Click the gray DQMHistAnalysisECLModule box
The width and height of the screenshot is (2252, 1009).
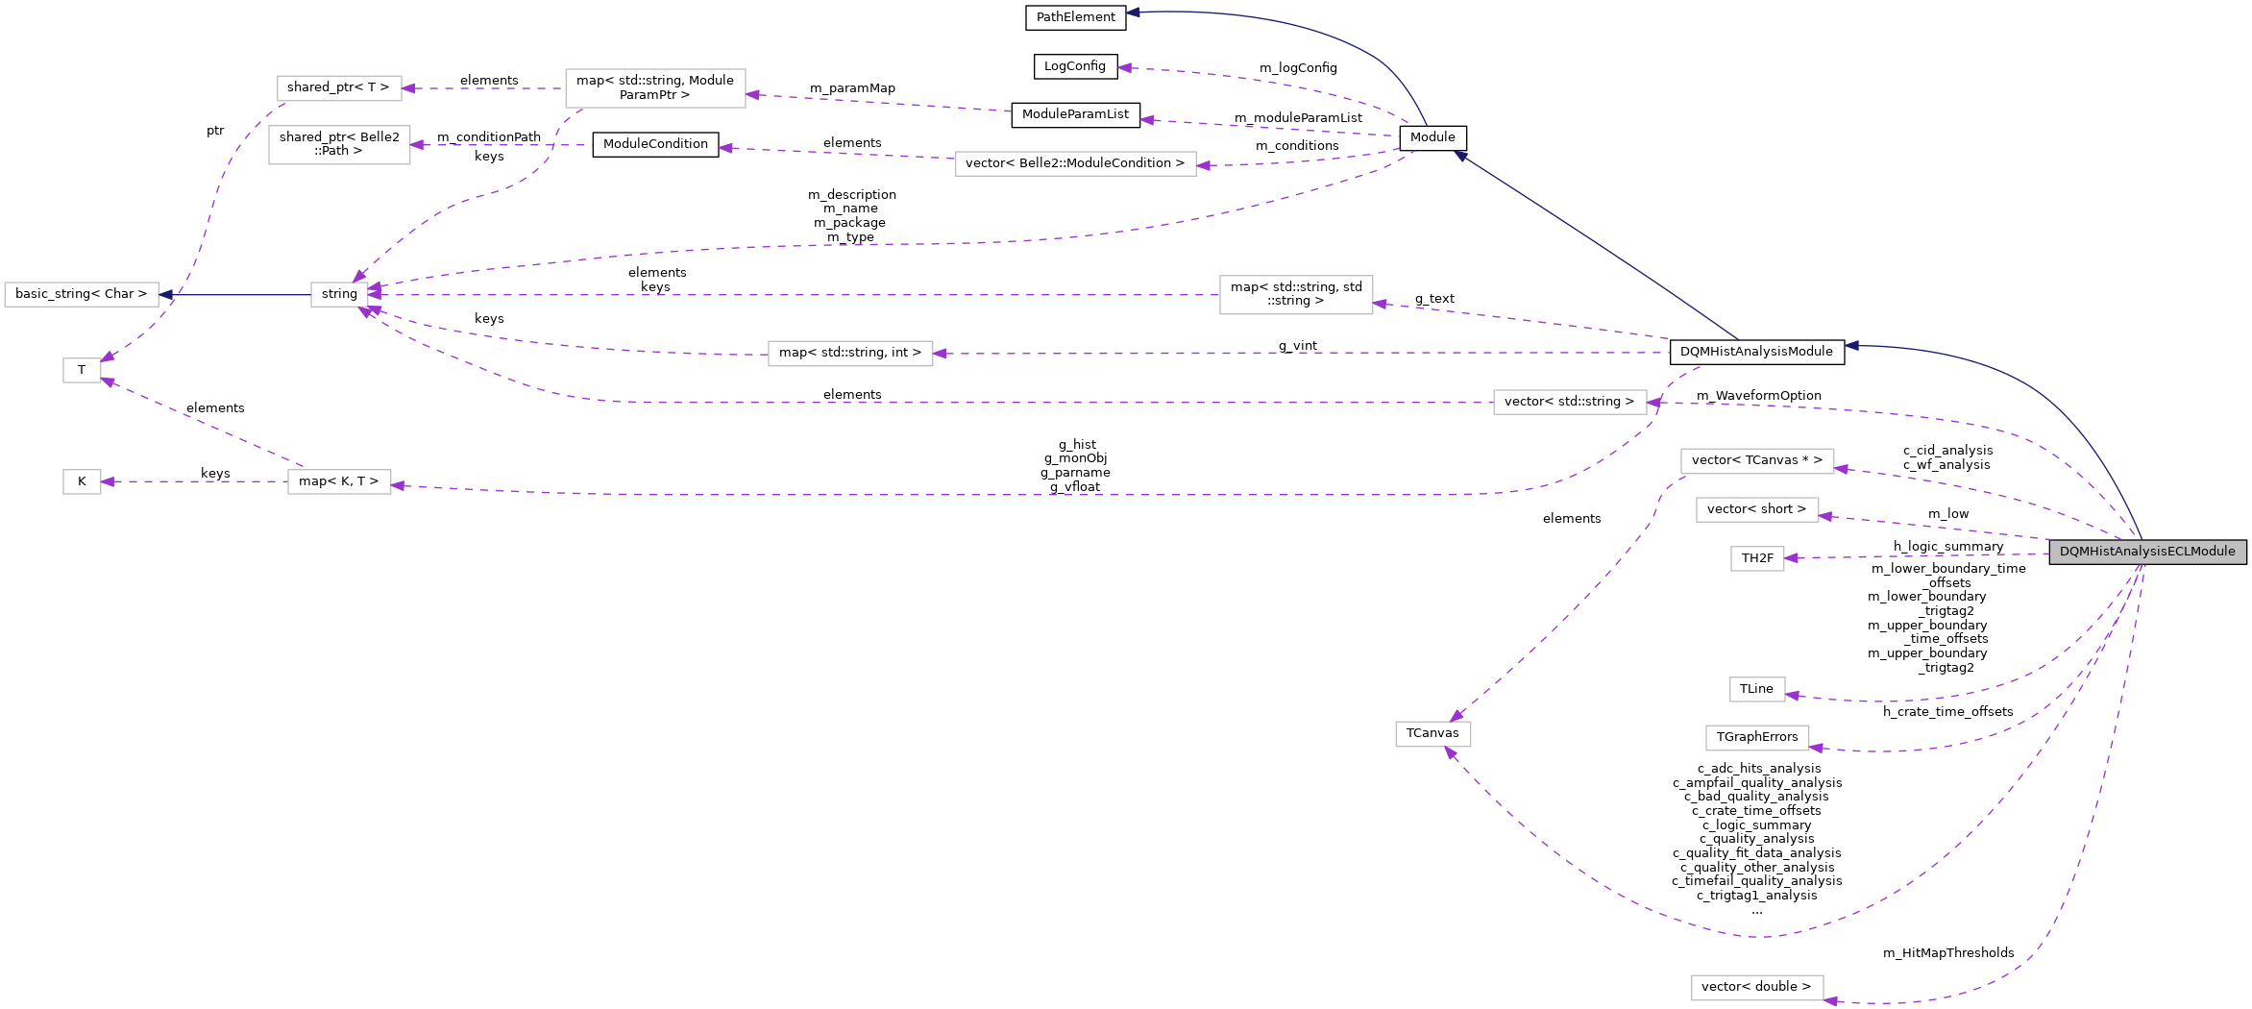click(x=2147, y=552)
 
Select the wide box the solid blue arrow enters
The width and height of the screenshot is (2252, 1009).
click(x=82, y=294)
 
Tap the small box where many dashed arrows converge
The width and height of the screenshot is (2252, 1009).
click(x=339, y=294)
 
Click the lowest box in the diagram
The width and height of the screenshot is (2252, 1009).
click(x=1757, y=988)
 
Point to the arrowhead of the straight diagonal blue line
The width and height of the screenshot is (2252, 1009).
click(x=1460, y=156)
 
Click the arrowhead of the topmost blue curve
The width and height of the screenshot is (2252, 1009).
click(x=1133, y=12)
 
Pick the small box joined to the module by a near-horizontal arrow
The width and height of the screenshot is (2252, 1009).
click(x=1757, y=558)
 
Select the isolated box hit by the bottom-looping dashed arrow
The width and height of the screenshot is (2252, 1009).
click(x=1432, y=734)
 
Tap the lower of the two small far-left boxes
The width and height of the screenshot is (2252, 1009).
click(x=82, y=481)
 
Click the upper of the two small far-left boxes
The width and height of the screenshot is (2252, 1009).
click(x=82, y=370)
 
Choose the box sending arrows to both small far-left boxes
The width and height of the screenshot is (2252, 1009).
click(x=339, y=481)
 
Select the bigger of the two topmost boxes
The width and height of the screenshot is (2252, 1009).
click(x=655, y=88)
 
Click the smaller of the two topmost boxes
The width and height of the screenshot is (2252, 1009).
click(x=339, y=88)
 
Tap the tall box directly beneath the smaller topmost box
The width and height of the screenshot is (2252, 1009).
click(x=339, y=145)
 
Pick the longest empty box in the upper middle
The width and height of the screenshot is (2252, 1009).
click(x=1075, y=164)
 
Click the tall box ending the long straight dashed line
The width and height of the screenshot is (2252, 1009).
click(x=1296, y=295)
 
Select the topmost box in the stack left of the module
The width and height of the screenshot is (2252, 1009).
click(x=1757, y=461)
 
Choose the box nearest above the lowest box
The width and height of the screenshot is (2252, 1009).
click(x=1757, y=738)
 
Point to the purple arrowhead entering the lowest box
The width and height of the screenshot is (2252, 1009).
click(x=1830, y=1001)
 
